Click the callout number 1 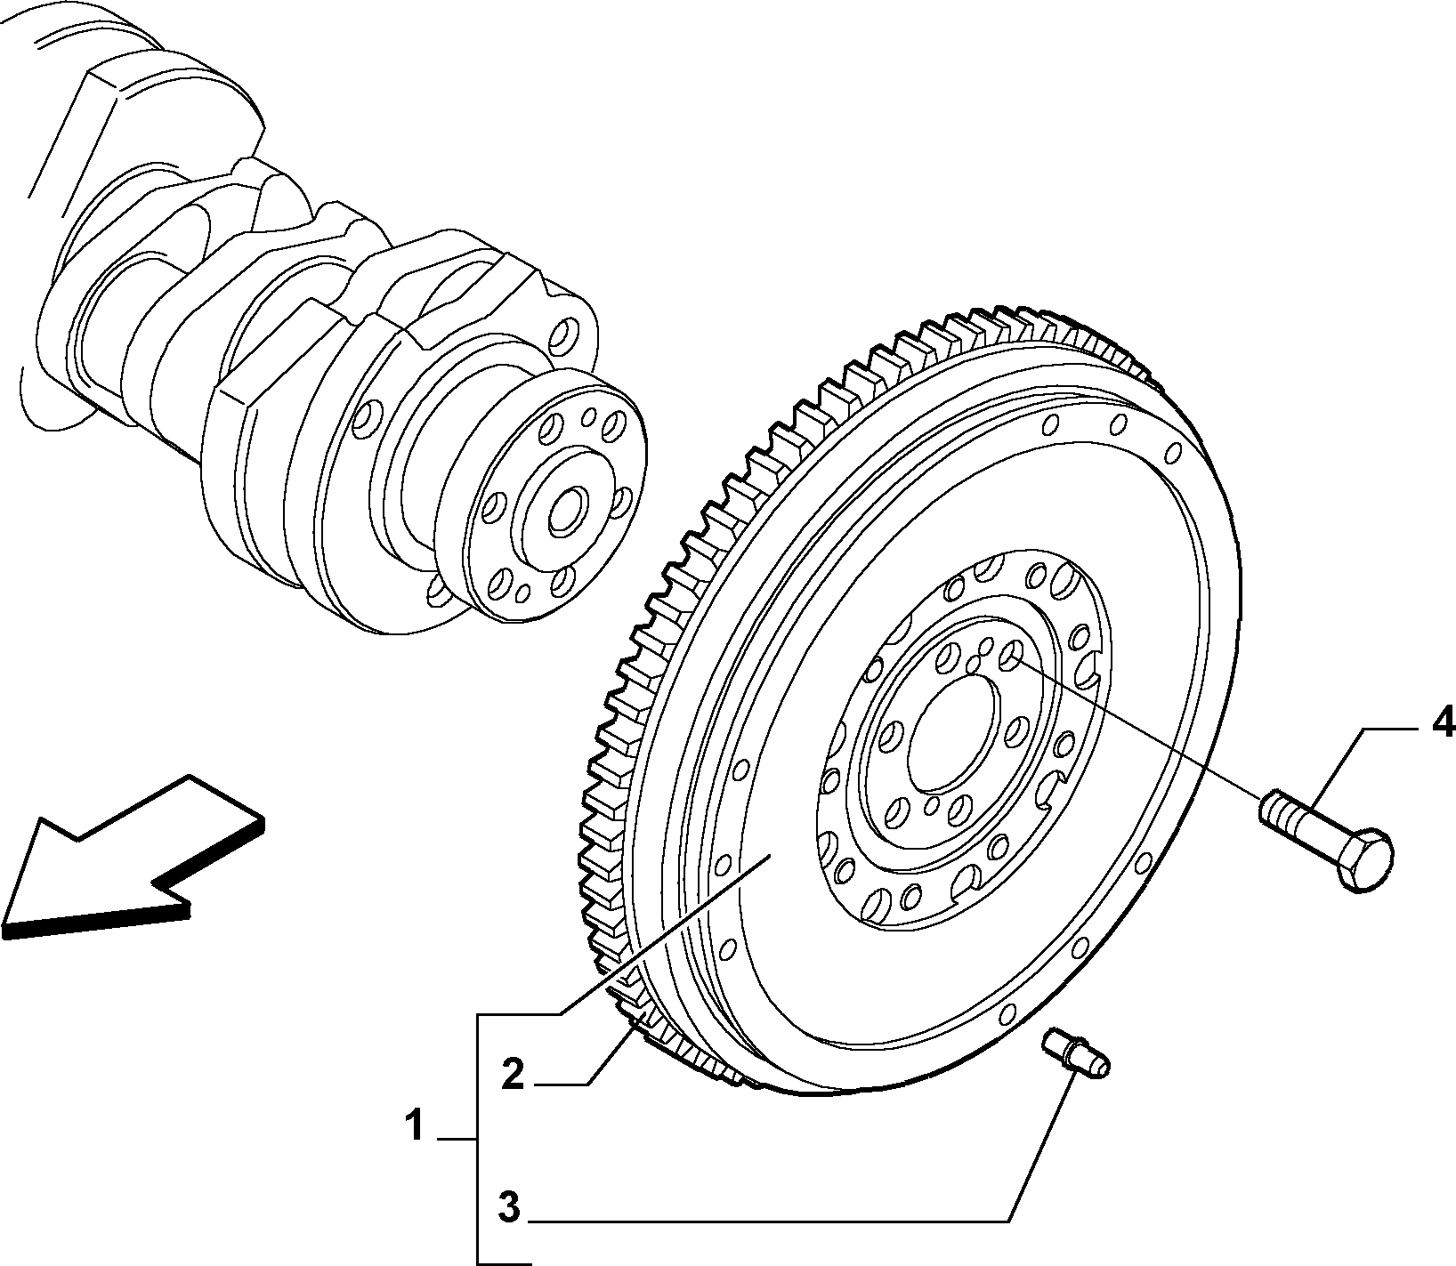(x=414, y=1126)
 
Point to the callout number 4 (x=1441, y=720)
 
